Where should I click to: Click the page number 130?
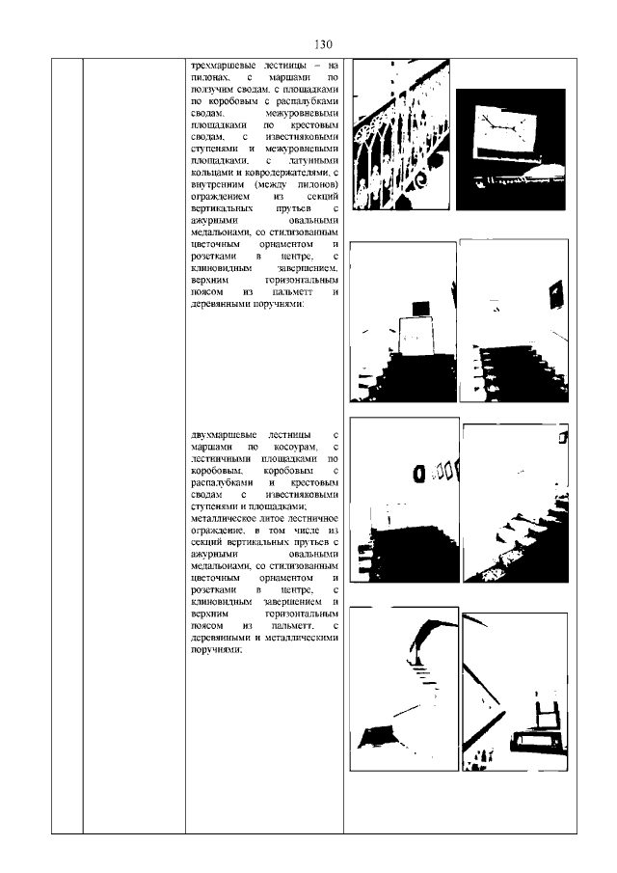(x=323, y=45)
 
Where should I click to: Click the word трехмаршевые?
(x=219, y=65)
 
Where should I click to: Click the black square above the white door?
(x=420, y=307)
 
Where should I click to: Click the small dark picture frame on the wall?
(x=554, y=294)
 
